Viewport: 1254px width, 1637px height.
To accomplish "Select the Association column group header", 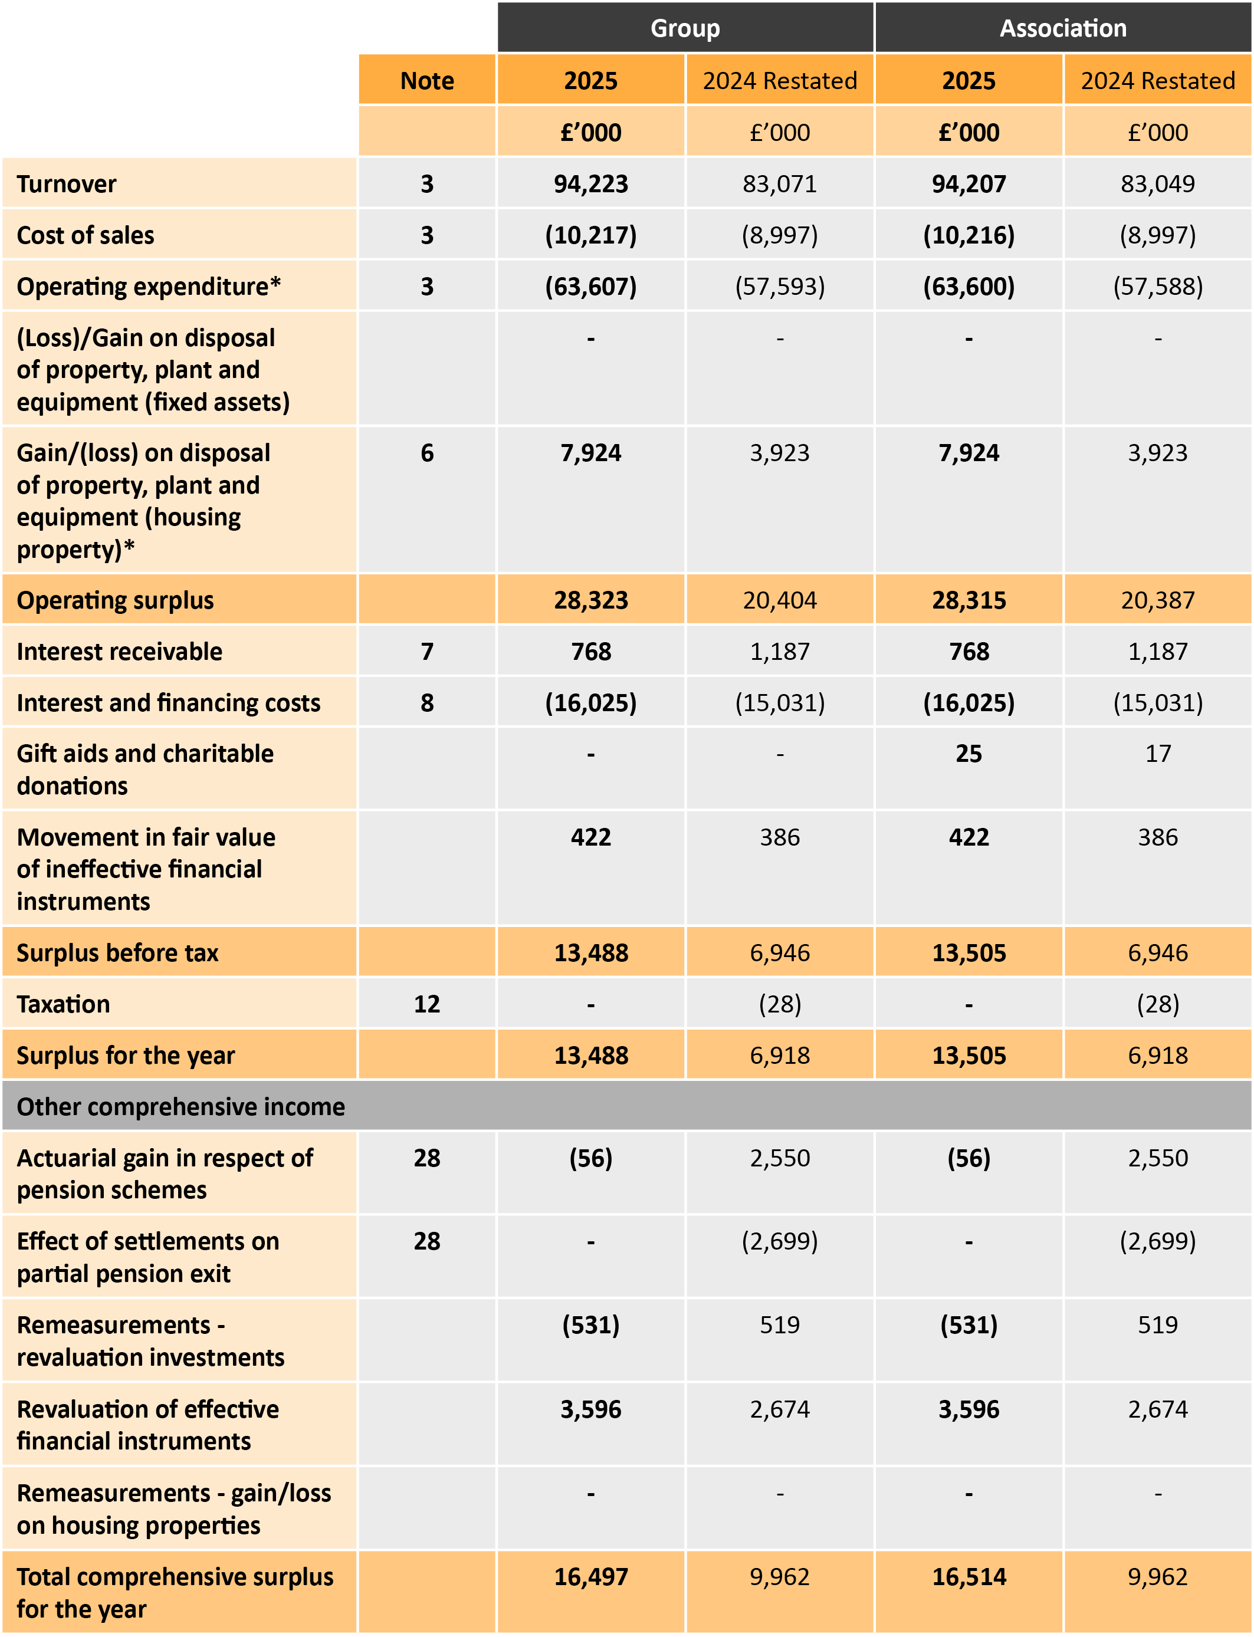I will pos(1062,28).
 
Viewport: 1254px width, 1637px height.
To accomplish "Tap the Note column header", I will pos(426,81).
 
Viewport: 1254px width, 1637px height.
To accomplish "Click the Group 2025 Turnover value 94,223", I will pos(590,183).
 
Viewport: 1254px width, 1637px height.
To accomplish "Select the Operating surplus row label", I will pos(115,600).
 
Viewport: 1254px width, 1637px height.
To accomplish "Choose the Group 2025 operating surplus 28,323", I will pos(590,600).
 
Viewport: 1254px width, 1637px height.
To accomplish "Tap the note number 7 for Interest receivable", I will pos(426,652).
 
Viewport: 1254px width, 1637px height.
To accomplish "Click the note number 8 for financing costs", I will pos(426,703).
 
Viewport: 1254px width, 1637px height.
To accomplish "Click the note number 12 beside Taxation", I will pos(426,1004).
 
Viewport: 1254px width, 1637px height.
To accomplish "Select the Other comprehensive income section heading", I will pos(180,1106).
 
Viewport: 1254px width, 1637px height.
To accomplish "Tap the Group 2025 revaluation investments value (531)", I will pos(590,1325).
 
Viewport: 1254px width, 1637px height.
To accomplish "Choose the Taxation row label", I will pos(64,1004).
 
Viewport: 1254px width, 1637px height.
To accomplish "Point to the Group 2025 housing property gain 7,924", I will pos(590,453).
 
